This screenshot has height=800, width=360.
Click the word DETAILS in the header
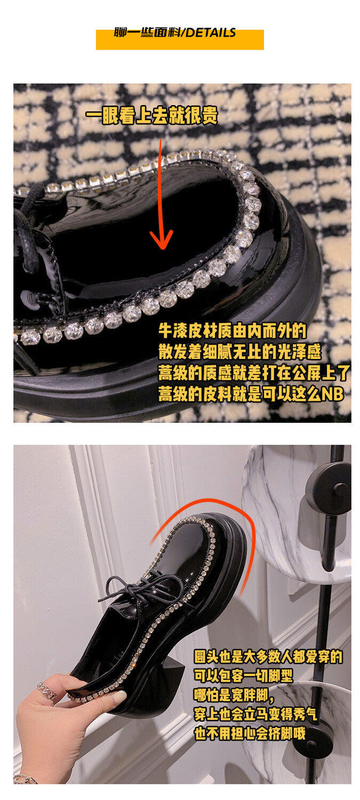211,33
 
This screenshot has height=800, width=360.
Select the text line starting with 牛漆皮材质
232,331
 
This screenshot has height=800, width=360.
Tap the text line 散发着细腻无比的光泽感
240,352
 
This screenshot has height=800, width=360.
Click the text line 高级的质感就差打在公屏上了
254,373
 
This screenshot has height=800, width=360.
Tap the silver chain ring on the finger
46,690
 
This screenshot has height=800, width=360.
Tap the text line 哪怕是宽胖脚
234,695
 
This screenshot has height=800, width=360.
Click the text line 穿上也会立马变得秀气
255,714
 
